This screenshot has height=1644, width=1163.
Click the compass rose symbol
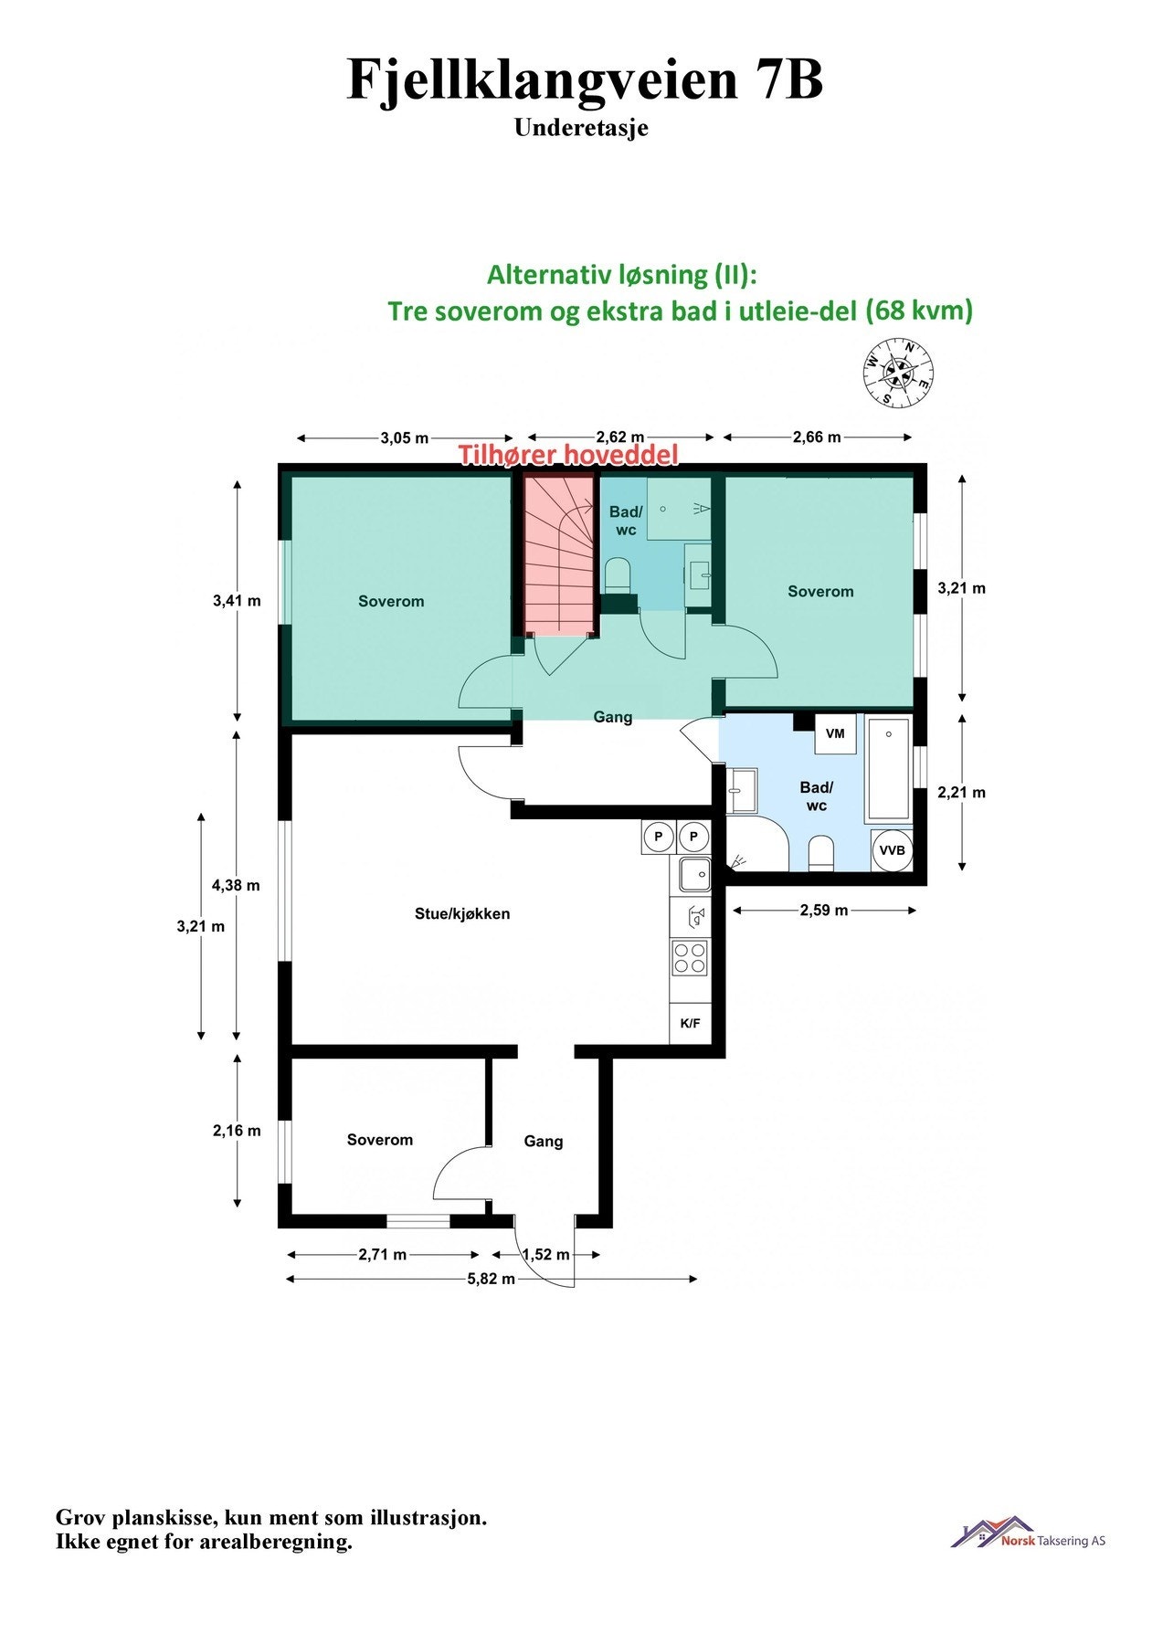pyautogui.click(x=898, y=371)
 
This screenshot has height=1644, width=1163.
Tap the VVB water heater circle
pyautogui.click(x=891, y=850)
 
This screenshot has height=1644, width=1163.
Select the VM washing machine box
pyautogui.click(x=835, y=734)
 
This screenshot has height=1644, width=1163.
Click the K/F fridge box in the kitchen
pyautogui.click(x=690, y=1023)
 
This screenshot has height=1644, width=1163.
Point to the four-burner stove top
pyautogui.click(x=690, y=957)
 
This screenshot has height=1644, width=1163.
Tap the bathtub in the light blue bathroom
pyautogui.click(x=888, y=769)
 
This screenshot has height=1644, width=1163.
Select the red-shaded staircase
pyautogui.click(x=559, y=557)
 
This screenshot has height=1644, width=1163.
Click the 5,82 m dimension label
pyautogui.click(x=491, y=1279)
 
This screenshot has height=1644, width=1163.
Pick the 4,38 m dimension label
pyautogui.click(x=236, y=885)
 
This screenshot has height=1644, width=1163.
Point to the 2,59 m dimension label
pyautogui.click(x=824, y=910)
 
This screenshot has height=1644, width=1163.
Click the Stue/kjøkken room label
pyautogui.click(x=462, y=913)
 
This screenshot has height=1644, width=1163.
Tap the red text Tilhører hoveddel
pyautogui.click(x=568, y=455)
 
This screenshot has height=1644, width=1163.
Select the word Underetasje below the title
pyautogui.click(x=581, y=128)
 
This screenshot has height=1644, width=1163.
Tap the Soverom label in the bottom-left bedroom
pyautogui.click(x=379, y=1140)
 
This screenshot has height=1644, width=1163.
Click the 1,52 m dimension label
pyautogui.click(x=545, y=1255)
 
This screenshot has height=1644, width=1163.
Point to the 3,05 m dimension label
pyautogui.click(x=404, y=437)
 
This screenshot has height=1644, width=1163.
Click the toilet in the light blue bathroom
pyautogui.click(x=821, y=853)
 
